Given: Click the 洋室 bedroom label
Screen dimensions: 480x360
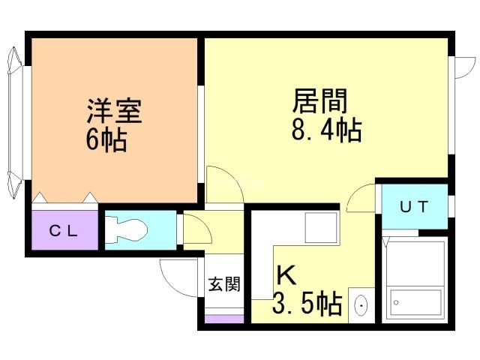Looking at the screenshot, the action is coord(114,110).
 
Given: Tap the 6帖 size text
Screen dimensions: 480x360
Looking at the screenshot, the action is coord(106,140).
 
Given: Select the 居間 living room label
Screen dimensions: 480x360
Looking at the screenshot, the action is coord(320,100).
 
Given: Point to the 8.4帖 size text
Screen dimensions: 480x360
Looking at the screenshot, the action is coord(327,130).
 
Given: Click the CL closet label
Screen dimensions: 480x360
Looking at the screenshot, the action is coord(64,231).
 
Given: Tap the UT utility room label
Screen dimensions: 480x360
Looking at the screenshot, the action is coord(414,207).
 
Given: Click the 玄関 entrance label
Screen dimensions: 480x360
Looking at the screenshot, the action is coord(224,283).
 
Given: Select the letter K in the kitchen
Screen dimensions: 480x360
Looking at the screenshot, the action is coord(286,275).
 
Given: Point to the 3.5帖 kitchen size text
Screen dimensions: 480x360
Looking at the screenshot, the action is coord(307,303).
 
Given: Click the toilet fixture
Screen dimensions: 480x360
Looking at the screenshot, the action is coord(127,229).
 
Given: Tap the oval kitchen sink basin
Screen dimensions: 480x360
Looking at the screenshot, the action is coord(361,305).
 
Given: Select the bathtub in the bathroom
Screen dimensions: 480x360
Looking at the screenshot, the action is coord(415,303).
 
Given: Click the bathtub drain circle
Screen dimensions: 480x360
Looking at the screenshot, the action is coord(396,303).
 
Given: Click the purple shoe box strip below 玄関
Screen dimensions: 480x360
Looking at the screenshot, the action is coord(224,319).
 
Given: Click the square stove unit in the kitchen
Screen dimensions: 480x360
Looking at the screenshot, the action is coord(322,228).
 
